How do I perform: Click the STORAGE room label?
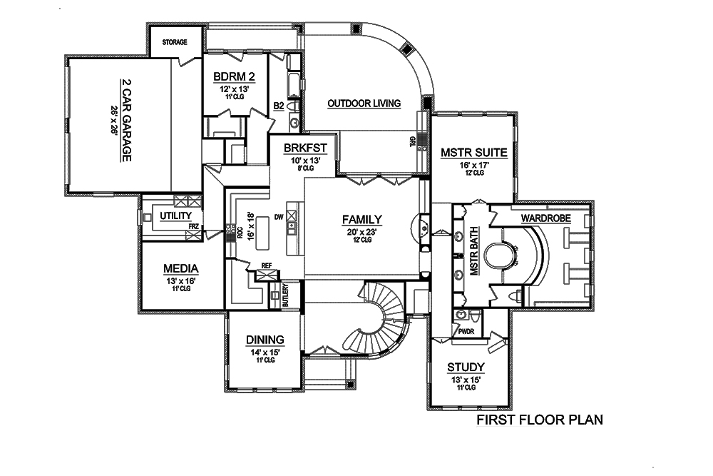click(x=175, y=42)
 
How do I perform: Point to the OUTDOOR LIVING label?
click(x=364, y=103)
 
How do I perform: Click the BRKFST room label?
click(x=304, y=148)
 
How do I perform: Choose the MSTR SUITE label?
click(x=473, y=152)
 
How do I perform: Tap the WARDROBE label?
click(x=544, y=216)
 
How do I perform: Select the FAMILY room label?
click(x=361, y=220)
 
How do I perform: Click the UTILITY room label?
click(x=175, y=216)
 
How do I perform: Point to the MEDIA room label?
click(x=180, y=268)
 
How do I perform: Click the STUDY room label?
click(x=466, y=367)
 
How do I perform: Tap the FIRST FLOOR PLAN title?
click(x=540, y=420)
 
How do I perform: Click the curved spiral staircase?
click(x=385, y=314)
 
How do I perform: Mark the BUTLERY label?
click(x=284, y=295)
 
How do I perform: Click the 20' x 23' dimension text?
click(x=361, y=232)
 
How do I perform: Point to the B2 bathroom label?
click(x=280, y=106)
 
